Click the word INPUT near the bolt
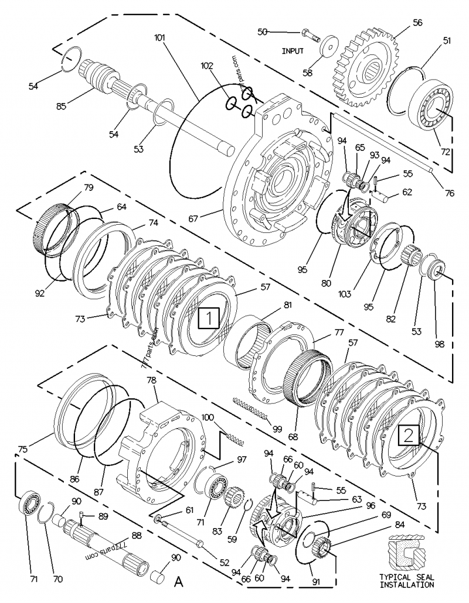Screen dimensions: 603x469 293,52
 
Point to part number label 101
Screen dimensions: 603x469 160,37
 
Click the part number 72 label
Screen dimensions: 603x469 446,151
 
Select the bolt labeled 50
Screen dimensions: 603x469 310,33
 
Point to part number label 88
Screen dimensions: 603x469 136,535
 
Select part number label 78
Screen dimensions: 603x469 151,380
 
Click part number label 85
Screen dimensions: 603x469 60,106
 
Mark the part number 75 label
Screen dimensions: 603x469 23,450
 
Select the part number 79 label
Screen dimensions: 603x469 88,187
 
